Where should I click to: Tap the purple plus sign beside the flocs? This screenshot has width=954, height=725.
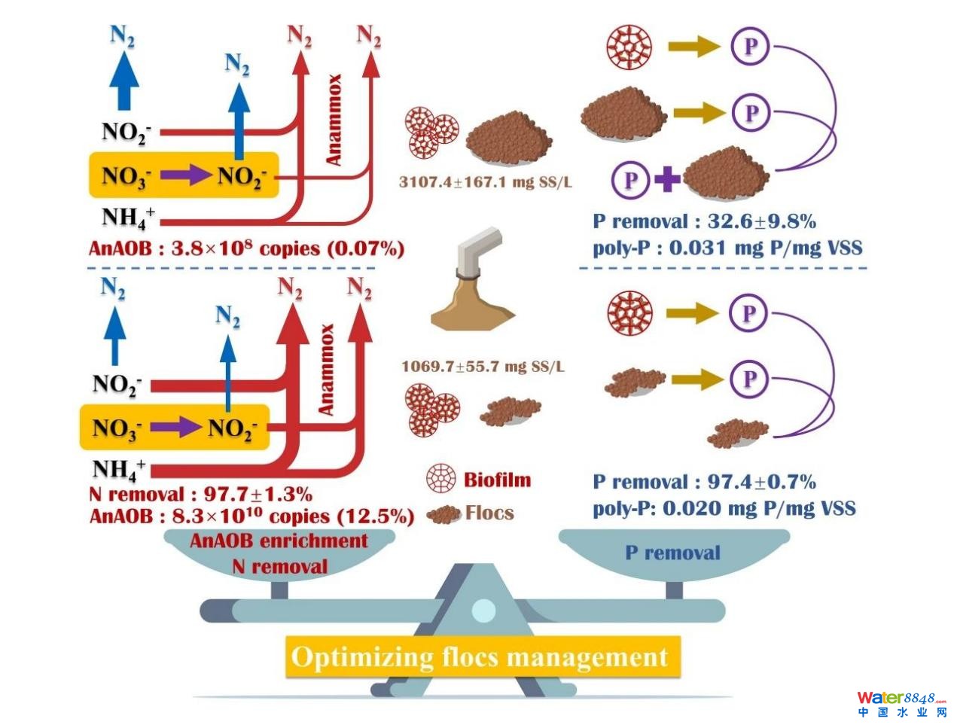point(667,179)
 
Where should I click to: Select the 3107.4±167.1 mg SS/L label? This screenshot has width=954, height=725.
point(485,182)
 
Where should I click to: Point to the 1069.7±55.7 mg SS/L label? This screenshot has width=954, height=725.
point(483,367)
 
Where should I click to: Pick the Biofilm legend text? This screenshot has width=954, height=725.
point(497,480)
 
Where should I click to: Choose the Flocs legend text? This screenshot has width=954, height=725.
point(489,513)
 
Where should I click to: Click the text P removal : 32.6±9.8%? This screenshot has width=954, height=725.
point(704,221)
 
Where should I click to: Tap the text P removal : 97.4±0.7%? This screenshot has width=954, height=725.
point(704,482)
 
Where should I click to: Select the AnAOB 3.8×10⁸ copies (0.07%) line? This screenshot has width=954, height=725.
point(246,248)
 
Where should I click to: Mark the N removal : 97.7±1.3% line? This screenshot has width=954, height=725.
point(200,495)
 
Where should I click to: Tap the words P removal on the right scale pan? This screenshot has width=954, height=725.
point(672,553)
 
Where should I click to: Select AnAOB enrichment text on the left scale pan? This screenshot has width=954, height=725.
point(279,541)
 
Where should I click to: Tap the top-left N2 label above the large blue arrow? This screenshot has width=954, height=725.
point(122,35)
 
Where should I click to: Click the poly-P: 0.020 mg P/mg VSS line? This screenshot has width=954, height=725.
point(724,508)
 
